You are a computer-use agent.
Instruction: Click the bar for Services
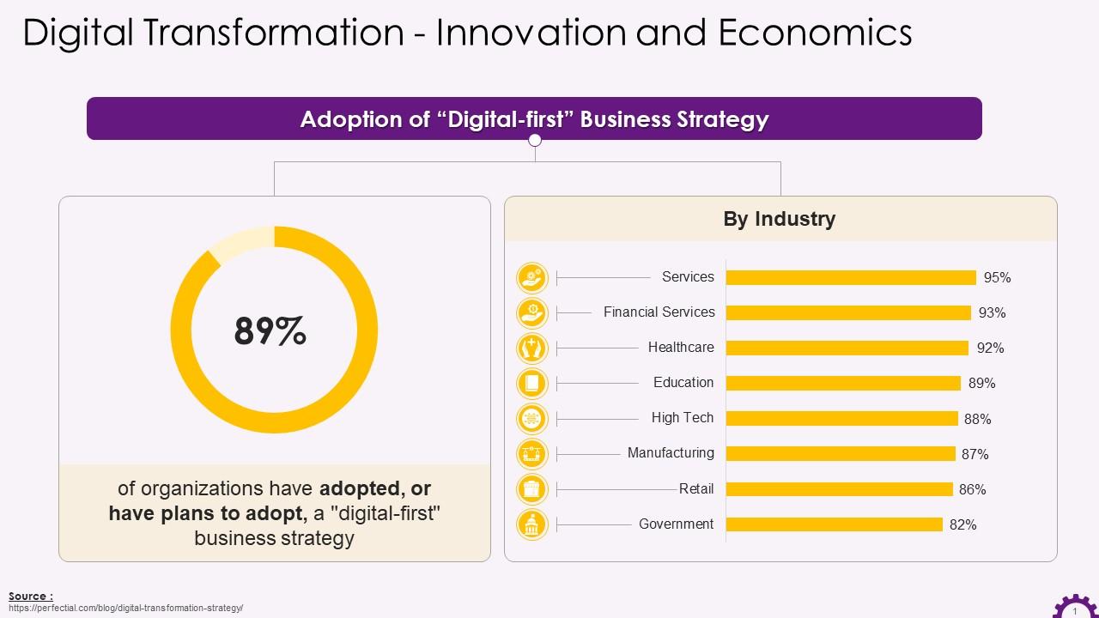click(850, 277)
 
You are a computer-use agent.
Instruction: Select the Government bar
click(834, 524)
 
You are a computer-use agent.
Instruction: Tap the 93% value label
click(992, 313)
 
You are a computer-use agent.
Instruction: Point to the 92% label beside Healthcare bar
click(990, 348)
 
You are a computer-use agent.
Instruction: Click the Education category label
click(683, 383)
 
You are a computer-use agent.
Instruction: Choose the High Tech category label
click(682, 418)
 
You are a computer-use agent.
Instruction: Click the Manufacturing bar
click(840, 453)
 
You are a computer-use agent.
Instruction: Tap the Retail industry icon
click(532, 489)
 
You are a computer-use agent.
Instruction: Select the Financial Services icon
click(532, 312)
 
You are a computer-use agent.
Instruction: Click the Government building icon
click(532, 524)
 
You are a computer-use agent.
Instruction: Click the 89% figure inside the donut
click(270, 331)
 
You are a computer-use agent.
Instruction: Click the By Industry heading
click(779, 219)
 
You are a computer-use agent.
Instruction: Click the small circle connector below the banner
click(535, 140)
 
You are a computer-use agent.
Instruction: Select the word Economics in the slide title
click(815, 33)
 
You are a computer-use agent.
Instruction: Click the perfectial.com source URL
click(126, 608)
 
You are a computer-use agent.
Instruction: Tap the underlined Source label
click(31, 596)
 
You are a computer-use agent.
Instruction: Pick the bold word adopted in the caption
click(359, 489)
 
